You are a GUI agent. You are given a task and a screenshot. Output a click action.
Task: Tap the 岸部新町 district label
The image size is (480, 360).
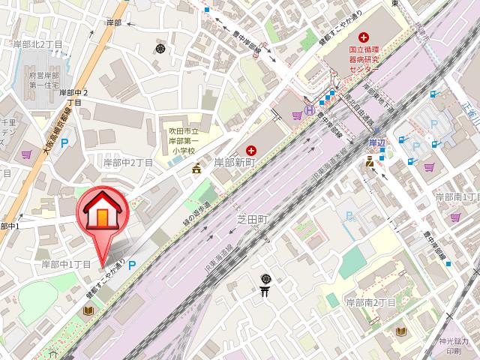(237, 161)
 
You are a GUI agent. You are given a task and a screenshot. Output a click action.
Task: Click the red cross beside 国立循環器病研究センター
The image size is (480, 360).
(364, 37)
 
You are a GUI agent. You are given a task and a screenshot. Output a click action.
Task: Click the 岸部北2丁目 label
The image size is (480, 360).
(37, 45)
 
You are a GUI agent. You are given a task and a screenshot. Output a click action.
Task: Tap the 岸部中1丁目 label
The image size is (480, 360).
(66, 264)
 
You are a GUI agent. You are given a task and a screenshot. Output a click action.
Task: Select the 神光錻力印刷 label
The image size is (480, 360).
(456, 346)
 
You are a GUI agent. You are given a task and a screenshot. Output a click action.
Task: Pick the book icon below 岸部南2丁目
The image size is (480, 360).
(401, 330)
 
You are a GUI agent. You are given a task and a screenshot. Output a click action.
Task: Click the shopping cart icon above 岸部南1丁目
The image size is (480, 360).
(430, 166)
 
